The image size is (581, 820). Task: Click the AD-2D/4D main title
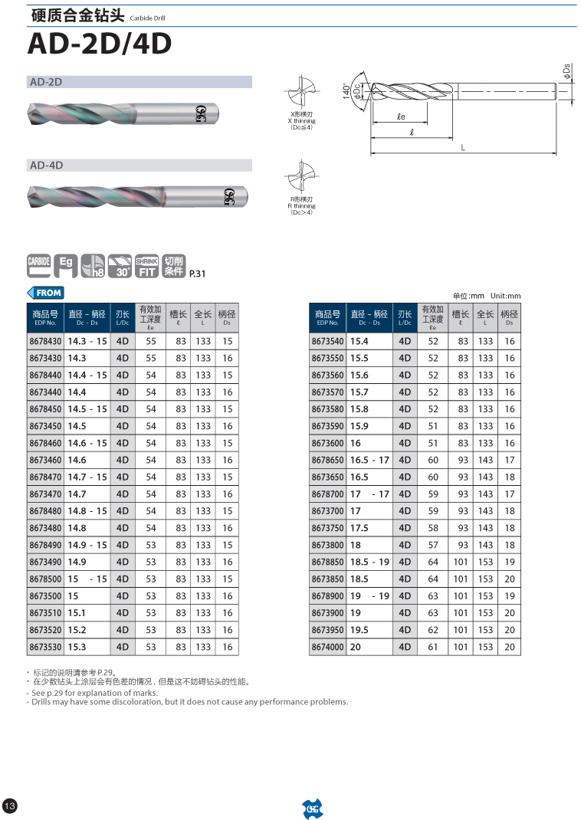[x=99, y=44]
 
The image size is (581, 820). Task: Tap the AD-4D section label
[x=46, y=165]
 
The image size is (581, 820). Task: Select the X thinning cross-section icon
[x=301, y=93]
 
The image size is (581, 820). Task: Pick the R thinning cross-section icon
[x=301, y=177]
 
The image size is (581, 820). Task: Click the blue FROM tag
[x=46, y=293]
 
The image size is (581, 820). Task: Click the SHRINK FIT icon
[x=147, y=264]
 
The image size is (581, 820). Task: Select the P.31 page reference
[x=197, y=273]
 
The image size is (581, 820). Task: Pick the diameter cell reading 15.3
[x=77, y=647]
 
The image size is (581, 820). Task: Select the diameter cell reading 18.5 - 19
[x=369, y=562]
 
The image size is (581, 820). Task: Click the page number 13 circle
[x=10, y=806]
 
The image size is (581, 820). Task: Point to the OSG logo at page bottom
[x=312, y=808]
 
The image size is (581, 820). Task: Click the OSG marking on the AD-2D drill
[x=201, y=114]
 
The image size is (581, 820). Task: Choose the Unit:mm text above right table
[x=505, y=296]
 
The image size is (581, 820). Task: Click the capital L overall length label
[x=463, y=147]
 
